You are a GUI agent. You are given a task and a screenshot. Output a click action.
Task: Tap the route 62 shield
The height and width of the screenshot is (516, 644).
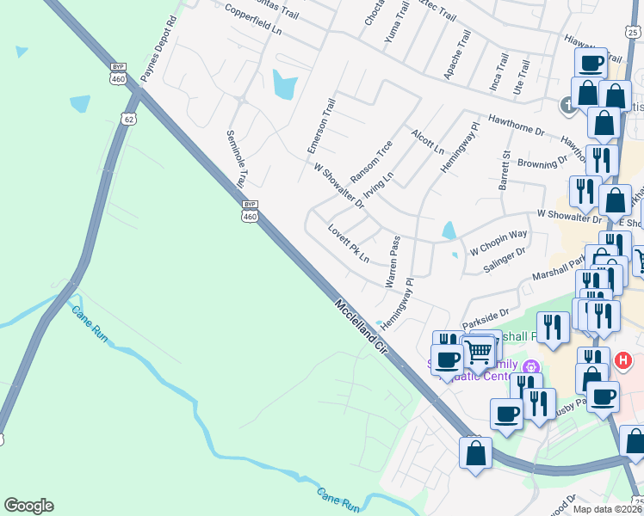pos(129,118)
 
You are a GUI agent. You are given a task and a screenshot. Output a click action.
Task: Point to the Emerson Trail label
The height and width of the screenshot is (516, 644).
pos(321,126)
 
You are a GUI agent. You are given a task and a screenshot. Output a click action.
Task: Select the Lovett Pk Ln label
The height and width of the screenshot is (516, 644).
pos(348,244)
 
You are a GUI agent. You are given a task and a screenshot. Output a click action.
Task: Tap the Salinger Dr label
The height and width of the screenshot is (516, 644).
pos(504,257)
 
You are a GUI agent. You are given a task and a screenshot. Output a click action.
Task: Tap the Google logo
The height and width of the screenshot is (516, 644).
pos(28,506)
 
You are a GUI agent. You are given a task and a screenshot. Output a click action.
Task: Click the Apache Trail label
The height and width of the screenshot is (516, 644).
pos(457,55)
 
